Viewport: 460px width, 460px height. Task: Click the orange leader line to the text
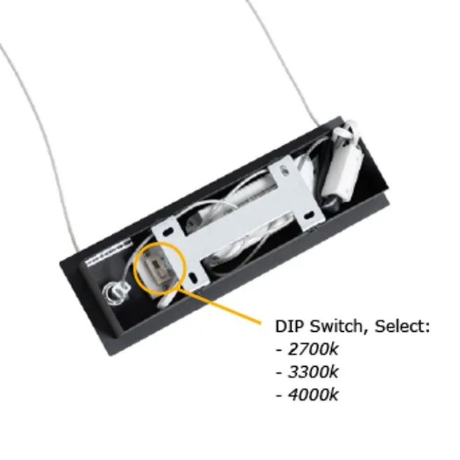220,306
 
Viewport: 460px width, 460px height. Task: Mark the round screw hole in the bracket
283,169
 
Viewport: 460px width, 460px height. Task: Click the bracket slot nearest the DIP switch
193,277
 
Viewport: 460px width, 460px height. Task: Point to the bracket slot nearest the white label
167,232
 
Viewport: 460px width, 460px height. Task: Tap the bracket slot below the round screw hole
308,216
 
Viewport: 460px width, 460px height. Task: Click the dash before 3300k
279,373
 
